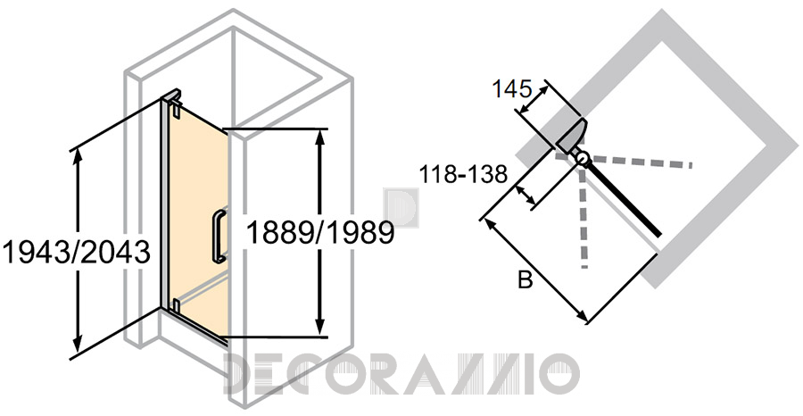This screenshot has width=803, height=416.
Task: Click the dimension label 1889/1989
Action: point(320,233)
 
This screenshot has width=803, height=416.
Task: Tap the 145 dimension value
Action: point(511,89)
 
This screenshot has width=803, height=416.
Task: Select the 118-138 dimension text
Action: point(463,175)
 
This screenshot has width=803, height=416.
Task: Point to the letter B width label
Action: point(525,280)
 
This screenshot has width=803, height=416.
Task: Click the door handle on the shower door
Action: point(219,236)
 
